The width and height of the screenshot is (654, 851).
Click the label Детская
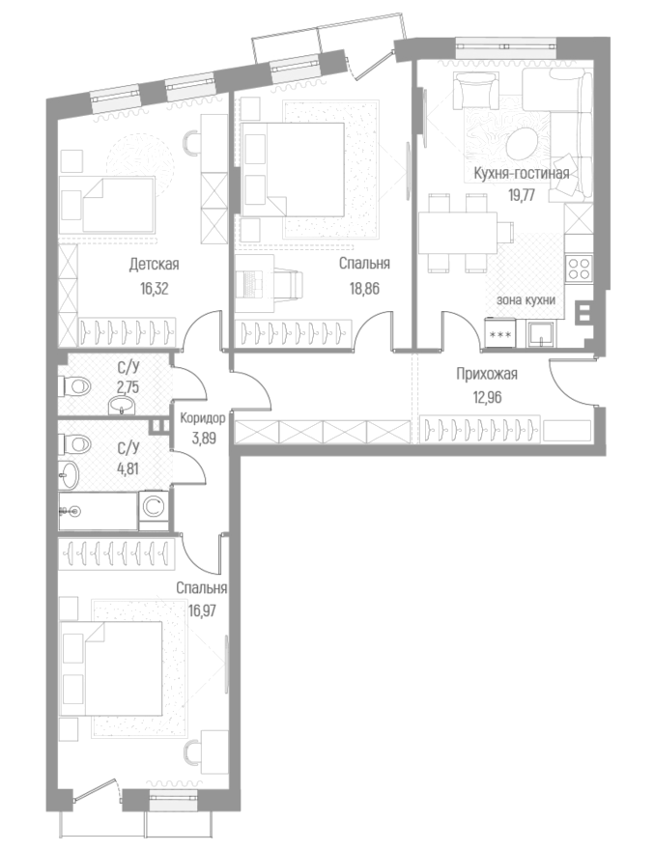pyautogui.click(x=155, y=264)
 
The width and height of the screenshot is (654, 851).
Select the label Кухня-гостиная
pyautogui.click(x=522, y=174)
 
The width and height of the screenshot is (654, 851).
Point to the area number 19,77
pyautogui.click(x=522, y=194)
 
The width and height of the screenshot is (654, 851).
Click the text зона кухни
pyautogui.click(x=526, y=300)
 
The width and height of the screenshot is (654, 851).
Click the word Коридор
pyautogui.click(x=203, y=418)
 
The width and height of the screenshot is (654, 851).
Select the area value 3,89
pyautogui.click(x=203, y=438)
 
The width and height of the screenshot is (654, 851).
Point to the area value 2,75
pyautogui.click(x=127, y=385)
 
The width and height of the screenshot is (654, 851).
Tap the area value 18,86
pyautogui.click(x=364, y=287)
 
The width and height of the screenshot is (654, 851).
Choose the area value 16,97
pyautogui.click(x=202, y=609)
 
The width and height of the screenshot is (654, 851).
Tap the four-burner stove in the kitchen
pyautogui.click(x=578, y=268)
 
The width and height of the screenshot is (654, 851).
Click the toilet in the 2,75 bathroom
pyautogui.click(x=77, y=387)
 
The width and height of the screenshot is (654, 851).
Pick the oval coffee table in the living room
pyautogui.click(x=523, y=142)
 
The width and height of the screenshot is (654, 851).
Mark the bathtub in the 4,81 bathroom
pyautogui.click(x=97, y=510)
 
